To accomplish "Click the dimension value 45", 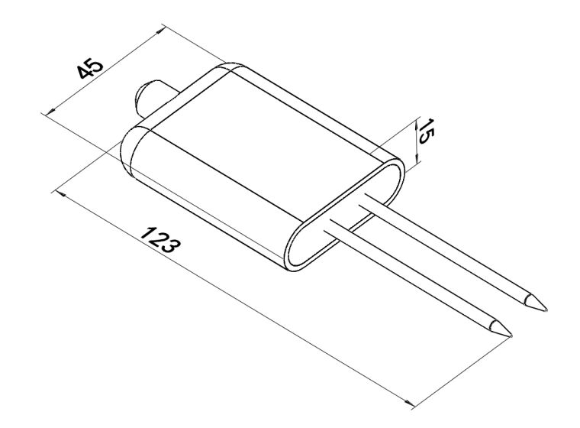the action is point(90,69).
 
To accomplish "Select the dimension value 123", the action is point(160,240).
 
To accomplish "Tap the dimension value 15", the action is point(425,131).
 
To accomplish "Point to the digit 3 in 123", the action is point(172,246).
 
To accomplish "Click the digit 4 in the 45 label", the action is point(85,73).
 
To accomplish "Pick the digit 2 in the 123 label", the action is point(160,240).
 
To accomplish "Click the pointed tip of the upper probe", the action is point(546,310).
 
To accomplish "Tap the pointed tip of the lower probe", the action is point(511,336).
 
